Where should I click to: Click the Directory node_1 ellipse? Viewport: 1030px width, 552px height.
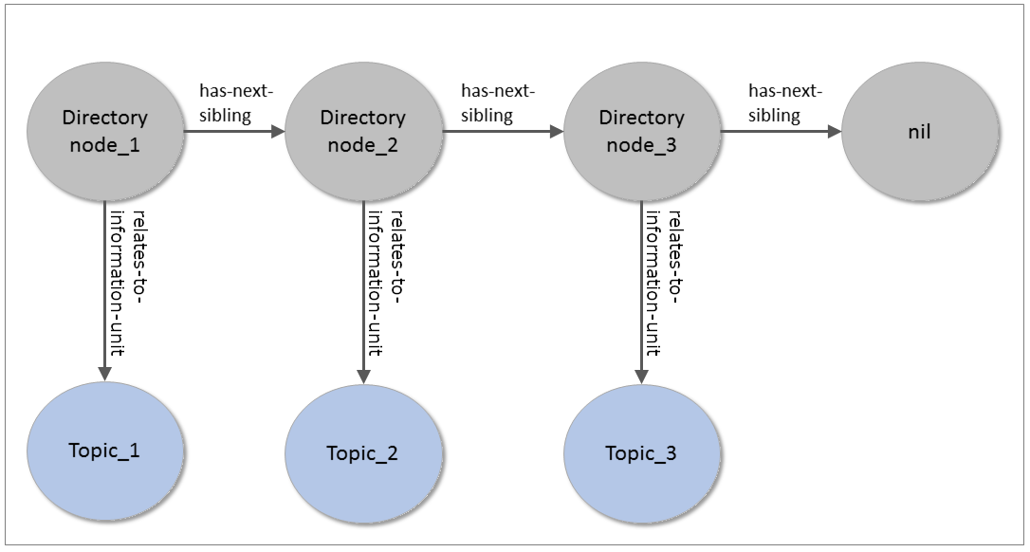(105, 132)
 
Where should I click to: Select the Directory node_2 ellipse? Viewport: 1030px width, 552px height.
(363, 132)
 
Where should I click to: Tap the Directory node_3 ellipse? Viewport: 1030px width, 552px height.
(642, 132)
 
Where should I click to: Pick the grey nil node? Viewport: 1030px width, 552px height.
(920, 132)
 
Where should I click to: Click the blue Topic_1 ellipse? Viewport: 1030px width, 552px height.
(105, 451)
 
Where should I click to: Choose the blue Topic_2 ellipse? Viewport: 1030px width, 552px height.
(363, 453)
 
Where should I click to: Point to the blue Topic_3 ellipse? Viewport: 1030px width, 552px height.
(642, 453)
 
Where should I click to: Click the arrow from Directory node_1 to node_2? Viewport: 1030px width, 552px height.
(234, 132)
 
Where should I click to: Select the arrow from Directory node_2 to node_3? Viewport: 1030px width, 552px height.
(503, 132)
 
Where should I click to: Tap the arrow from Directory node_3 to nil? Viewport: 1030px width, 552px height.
(782, 132)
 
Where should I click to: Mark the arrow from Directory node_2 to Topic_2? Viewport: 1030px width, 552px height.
(363, 292)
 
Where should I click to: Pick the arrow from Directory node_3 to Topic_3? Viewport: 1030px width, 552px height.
(642, 292)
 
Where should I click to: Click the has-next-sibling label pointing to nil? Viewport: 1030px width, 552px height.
(785, 103)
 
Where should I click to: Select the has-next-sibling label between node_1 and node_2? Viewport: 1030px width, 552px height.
(236, 103)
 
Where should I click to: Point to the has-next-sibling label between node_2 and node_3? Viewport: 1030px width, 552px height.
(498, 103)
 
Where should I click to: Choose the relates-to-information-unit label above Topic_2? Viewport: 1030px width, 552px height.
(384, 283)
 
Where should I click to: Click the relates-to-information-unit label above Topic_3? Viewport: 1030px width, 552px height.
(663, 283)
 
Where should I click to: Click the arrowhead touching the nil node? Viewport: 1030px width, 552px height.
(835, 132)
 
